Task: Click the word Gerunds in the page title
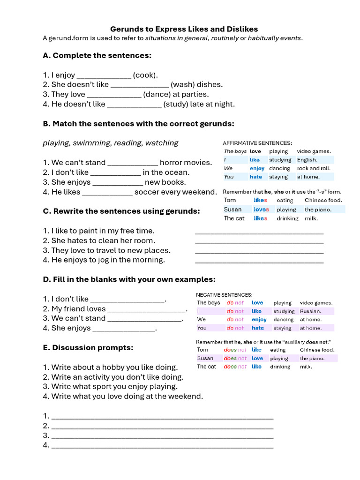(x=125, y=29)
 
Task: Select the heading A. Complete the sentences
(x=97, y=55)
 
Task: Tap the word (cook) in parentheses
(x=145, y=75)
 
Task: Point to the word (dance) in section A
(x=157, y=94)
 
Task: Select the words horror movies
(x=186, y=163)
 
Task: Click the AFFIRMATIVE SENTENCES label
(x=257, y=143)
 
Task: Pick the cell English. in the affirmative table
(x=307, y=160)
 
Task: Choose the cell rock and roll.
(x=314, y=168)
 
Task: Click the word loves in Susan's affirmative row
(x=261, y=210)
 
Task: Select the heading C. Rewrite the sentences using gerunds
(x=121, y=211)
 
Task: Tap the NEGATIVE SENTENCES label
(x=224, y=295)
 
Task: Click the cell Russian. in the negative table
(x=310, y=311)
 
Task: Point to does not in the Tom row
(x=235, y=350)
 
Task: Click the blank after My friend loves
(x=146, y=310)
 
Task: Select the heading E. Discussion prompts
(x=88, y=348)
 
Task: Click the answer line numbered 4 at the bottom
(x=162, y=446)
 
